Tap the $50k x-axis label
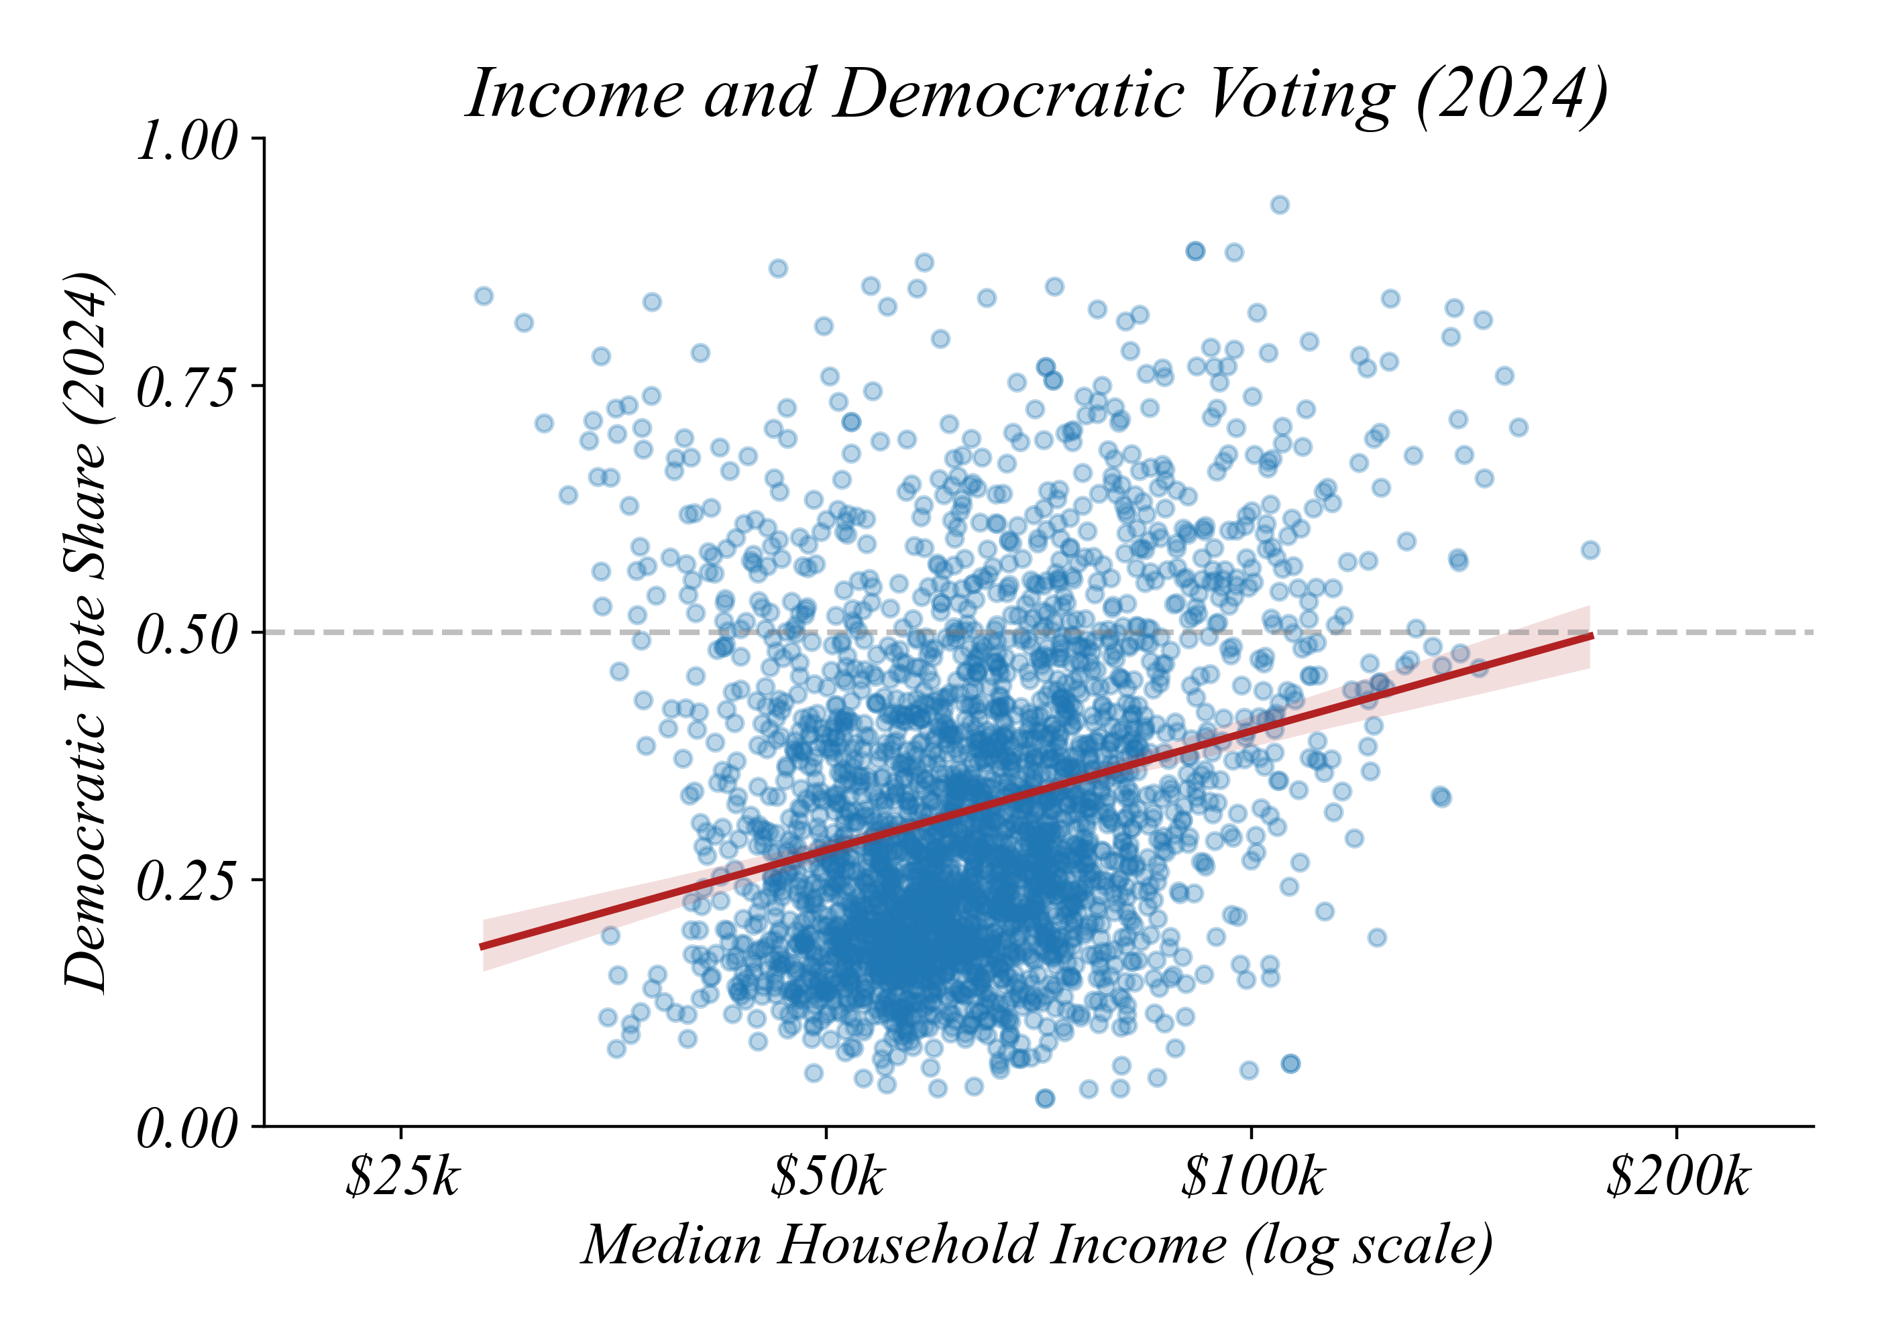pyautogui.click(x=827, y=1177)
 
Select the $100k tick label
pyautogui.click(x=1252, y=1177)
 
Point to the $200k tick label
pyautogui.click(x=1677, y=1177)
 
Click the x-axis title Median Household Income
pyautogui.click(x=1038, y=1246)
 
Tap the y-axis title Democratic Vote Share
pyautogui.click(x=87, y=632)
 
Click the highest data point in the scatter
pyautogui.click(x=1279, y=205)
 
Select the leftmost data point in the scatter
pyautogui.click(x=484, y=296)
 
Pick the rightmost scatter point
pyautogui.click(x=1590, y=550)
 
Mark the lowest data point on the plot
pyautogui.click(x=1045, y=1098)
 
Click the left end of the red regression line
pyautogui.click(x=483, y=945)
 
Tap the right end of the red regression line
pyautogui.click(x=1591, y=635)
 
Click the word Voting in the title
pyautogui.click(x=1301, y=94)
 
